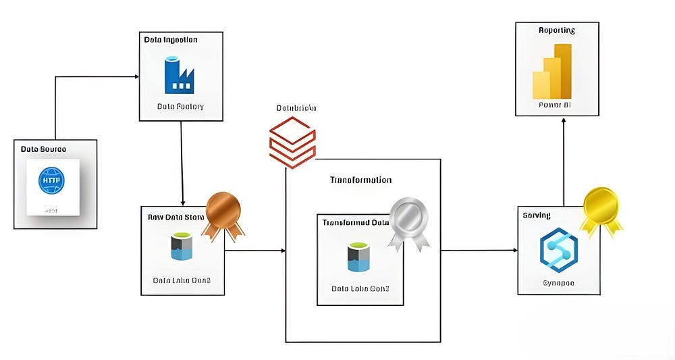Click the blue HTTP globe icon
tap(53, 181)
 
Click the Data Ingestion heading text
tap(171, 40)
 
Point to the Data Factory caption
tap(180, 107)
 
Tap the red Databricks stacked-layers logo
tap(292, 142)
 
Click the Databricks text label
tap(296, 108)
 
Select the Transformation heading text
tap(360, 180)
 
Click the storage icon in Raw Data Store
tap(181, 247)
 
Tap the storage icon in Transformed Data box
tap(360, 256)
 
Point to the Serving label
tap(537, 215)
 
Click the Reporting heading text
tap(557, 30)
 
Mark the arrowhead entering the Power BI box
tap(563, 120)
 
